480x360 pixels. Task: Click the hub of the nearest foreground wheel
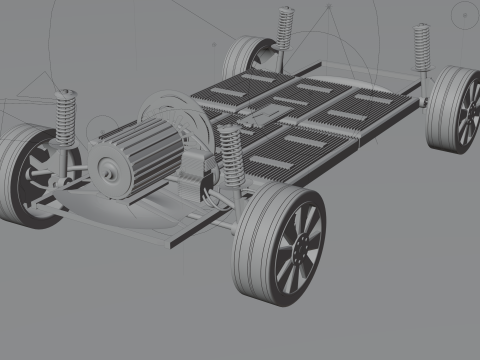click(297, 246)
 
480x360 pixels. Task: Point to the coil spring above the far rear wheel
click(285, 27)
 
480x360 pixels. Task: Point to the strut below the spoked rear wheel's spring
click(426, 89)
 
